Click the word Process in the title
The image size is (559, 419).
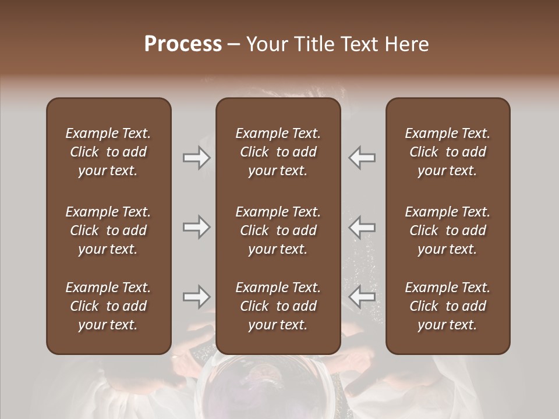(183, 44)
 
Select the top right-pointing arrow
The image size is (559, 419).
(196, 158)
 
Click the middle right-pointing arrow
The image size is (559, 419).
(196, 226)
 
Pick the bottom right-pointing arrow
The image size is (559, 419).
(196, 297)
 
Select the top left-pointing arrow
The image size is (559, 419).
(362, 158)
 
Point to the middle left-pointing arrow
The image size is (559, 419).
(362, 226)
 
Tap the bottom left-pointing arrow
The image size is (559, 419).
(362, 297)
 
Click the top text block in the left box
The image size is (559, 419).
(108, 152)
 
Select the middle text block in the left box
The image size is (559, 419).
(108, 230)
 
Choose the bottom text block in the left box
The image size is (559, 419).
(108, 306)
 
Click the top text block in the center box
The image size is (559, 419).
(278, 152)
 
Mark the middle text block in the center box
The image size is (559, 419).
(278, 230)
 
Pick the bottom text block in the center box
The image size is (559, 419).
(278, 306)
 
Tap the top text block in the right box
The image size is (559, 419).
(447, 152)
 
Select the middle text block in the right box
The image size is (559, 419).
(447, 230)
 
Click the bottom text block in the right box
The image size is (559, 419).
(447, 306)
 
